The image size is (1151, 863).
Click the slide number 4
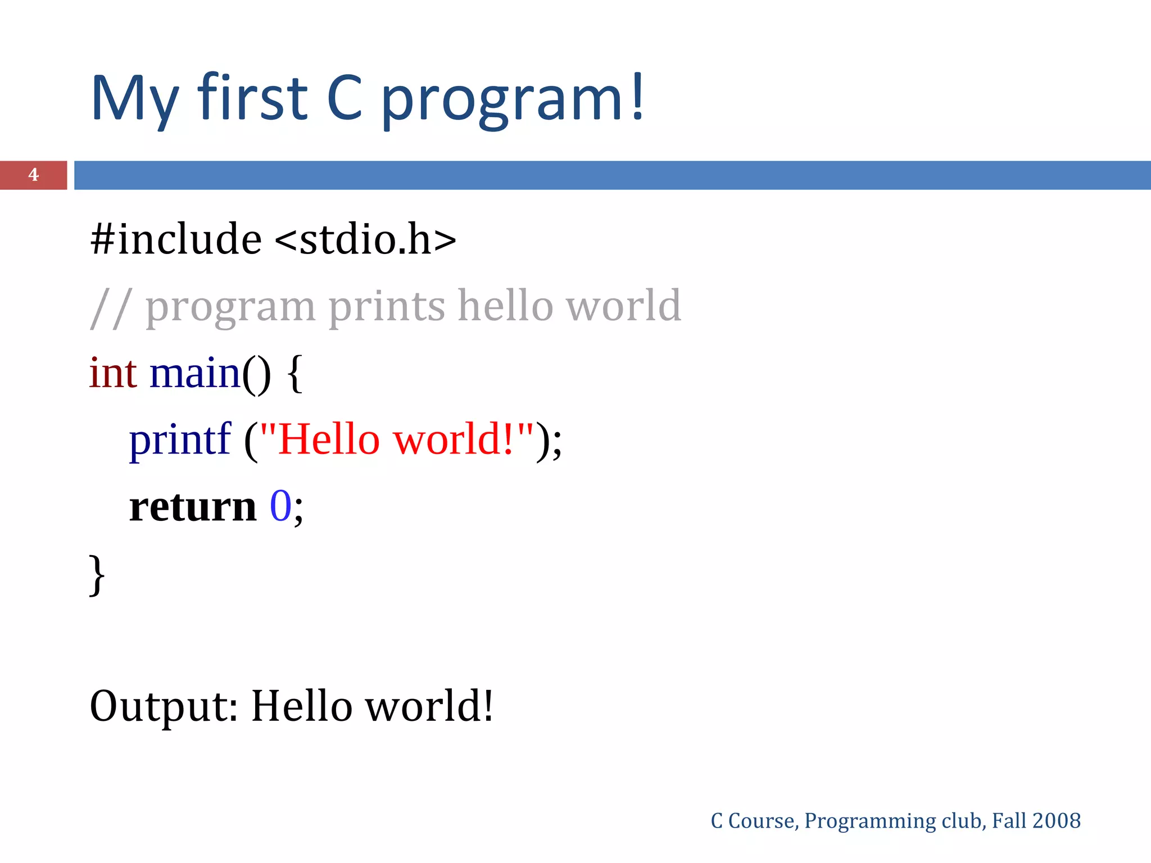(x=33, y=175)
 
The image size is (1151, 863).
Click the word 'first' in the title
(x=252, y=98)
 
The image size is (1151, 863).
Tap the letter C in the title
(x=345, y=98)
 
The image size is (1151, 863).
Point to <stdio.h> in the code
(x=365, y=239)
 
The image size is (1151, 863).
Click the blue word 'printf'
(x=180, y=440)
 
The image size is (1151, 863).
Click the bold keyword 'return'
(x=193, y=507)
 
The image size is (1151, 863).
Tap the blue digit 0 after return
(x=280, y=506)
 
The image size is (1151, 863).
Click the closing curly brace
(x=97, y=574)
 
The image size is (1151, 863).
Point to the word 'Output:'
(x=164, y=707)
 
